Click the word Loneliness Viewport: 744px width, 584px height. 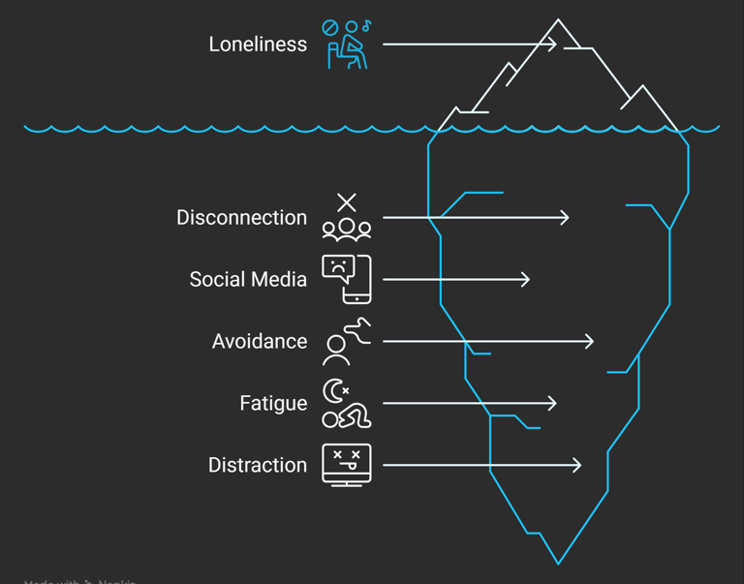pyautogui.click(x=258, y=45)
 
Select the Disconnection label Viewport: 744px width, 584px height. pyautogui.click(x=241, y=218)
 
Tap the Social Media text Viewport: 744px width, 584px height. pyautogui.click(x=248, y=280)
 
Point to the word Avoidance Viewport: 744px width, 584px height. pyautogui.click(x=259, y=342)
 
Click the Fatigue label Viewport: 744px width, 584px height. pyautogui.click(x=273, y=404)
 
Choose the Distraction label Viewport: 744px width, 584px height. pyautogui.click(x=257, y=466)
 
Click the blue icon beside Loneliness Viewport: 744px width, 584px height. pyautogui.click(x=347, y=45)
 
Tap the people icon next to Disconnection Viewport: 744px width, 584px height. pyautogui.click(x=347, y=218)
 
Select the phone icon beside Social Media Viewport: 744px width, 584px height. pyautogui.click(x=347, y=280)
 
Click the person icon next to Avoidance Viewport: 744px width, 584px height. pyautogui.click(x=347, y=342)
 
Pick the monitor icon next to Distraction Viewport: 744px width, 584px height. pyautogui.click(x=347, y=466)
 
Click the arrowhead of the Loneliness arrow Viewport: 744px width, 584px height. pyautogui.click(x=553, y=45)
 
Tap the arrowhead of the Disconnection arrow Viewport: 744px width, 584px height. pyautogui.click(x=565, y=218)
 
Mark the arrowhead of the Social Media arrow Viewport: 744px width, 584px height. pyautogui.click(x=526, y=280)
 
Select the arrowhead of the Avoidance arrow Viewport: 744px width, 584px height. pyautogui.click(x=590, y=342)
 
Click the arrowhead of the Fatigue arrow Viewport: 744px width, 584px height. pyautogui.click(x=552, y=404)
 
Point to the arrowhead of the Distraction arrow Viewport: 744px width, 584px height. pyautogui.click(x=577, y=466)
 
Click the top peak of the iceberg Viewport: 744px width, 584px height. pyautogui.click(x=558, y=20)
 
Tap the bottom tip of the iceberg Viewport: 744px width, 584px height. pyautogui.click(x=558, y=563)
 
